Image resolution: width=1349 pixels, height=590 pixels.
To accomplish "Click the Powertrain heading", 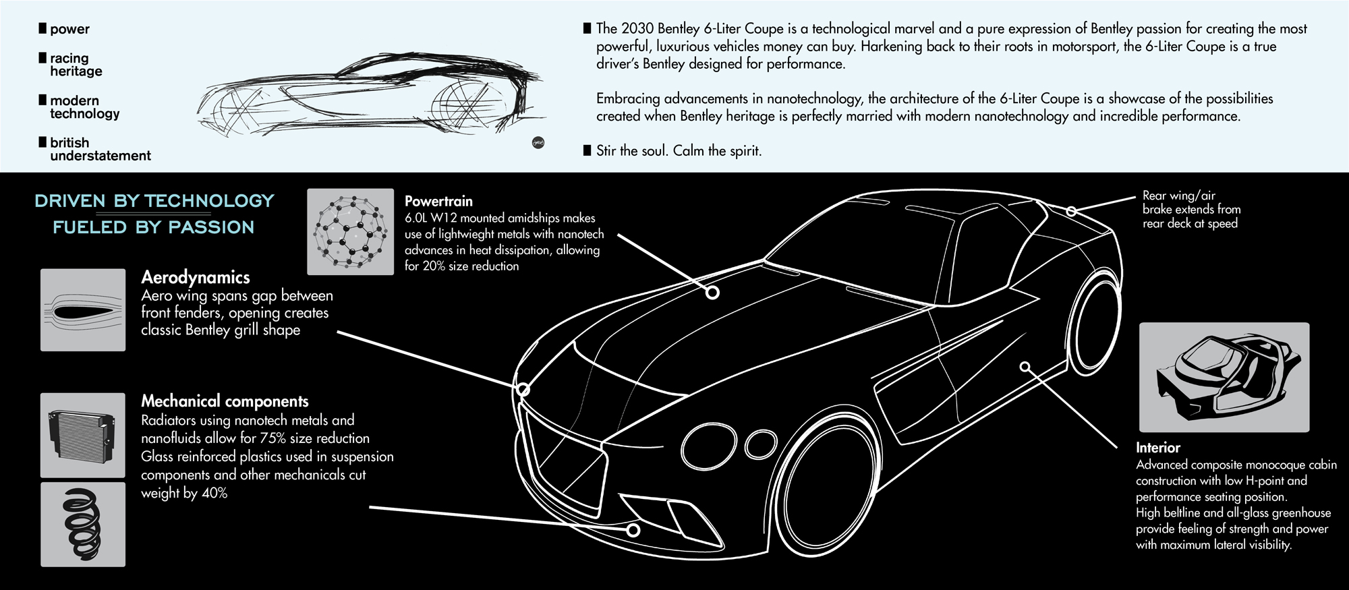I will [438, 201].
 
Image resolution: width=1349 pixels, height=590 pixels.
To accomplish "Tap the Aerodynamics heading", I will [195, 277].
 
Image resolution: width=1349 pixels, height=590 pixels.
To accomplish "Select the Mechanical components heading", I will [225, 401].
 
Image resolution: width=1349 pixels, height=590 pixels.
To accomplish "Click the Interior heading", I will [1157, 448].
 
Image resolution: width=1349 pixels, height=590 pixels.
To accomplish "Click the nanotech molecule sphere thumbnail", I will [350, 232].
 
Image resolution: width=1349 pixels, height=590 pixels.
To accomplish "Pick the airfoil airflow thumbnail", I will [83, 310].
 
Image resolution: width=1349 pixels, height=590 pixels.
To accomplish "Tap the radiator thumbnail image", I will [83, 435].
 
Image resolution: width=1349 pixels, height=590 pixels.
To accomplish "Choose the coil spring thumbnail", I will [83, 524].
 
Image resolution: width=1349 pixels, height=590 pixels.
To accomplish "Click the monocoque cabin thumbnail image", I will [1224, 377].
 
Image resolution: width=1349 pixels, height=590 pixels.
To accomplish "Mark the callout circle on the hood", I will [712, 292].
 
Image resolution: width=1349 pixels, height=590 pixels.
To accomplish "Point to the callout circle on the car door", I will [1025, 367].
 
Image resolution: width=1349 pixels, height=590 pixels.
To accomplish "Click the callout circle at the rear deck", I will [1071, 211].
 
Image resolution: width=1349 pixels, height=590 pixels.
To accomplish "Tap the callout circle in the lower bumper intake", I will [633, 530].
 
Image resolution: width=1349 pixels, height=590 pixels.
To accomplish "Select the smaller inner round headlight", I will [761, 443].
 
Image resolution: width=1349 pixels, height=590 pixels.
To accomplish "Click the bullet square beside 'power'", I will [42, 28].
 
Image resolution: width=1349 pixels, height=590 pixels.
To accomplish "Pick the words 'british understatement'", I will [100, 149].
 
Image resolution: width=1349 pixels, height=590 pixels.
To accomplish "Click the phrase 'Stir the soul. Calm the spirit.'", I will [679, 151].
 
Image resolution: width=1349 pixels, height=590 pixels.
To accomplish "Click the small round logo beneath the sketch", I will [538, 143].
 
